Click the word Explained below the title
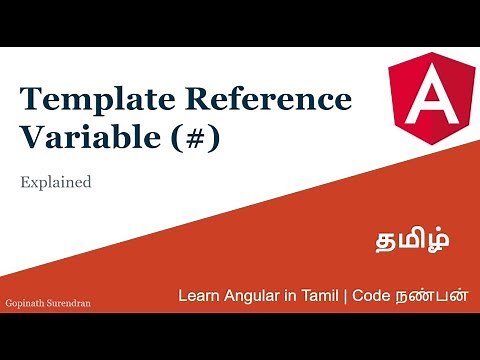click(56, 183)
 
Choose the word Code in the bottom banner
click(385, 297)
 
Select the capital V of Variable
click(32, 138)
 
